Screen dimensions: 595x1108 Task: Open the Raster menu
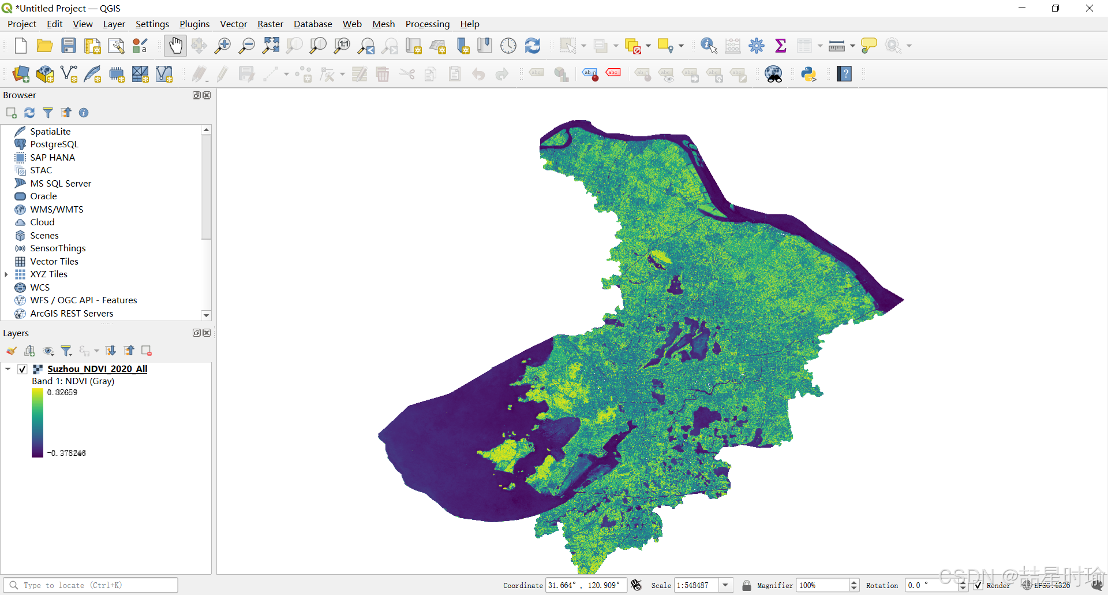pos(270,24)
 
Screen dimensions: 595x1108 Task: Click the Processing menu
pos(427,24)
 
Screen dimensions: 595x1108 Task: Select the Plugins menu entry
pos(194,24)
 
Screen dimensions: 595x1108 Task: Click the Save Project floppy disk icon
pos(69,46)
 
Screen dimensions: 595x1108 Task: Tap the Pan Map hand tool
pos(175,46)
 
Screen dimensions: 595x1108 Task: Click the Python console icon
pos(808,74)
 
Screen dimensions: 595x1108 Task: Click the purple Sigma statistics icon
pos(780,46)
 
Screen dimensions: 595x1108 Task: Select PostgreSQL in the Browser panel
pos(54,144)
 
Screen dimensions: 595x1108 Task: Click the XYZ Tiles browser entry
pos(48,274)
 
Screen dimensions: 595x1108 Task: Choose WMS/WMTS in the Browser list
pos(57,209)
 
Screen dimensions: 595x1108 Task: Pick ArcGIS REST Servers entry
pos(72,314)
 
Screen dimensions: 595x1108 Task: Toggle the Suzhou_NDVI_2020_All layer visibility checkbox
pos(23,369)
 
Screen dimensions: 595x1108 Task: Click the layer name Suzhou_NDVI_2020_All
pos(97,369)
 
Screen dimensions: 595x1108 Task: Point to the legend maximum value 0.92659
pos(62,393)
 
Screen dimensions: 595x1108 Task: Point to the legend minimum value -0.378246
pos(66,453)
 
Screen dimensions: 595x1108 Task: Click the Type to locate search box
pos(92,585)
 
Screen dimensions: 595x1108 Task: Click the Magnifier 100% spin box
pos(822,585)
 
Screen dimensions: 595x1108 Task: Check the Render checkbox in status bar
pos(978,585)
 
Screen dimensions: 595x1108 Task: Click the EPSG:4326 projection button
pos(1047,585)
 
